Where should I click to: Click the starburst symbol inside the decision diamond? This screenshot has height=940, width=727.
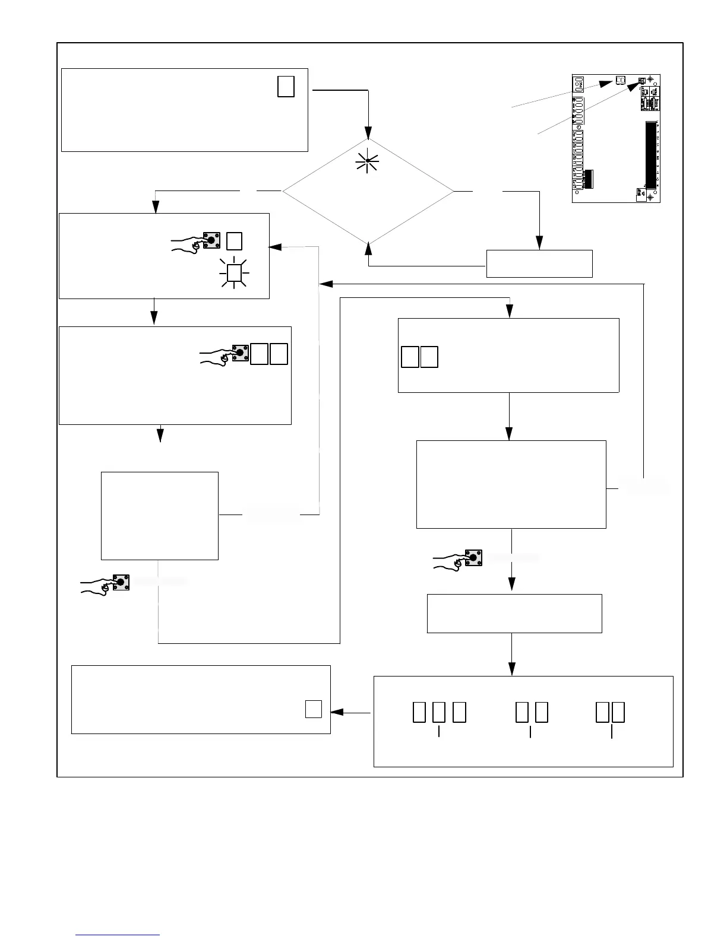pyautogui.click(x=368, y=161)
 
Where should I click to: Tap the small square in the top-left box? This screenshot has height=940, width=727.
pyautogui.click(x=286, y=87)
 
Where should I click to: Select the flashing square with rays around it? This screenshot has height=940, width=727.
pyautogui.click(x=235, y=272)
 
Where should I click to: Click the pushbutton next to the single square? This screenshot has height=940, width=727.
pyautogui.click(x=211, y=240)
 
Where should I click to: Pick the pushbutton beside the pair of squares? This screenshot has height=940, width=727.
pyautogui.click(x=240, y=353)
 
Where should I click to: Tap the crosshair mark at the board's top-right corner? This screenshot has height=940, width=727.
pyautogui.click(x=650, y=80)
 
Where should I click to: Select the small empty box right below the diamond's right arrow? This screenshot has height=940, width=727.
pyautogui.click(x=539, y=263)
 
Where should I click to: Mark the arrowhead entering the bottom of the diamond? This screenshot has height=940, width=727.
pyautogui.click(x=369, y=247)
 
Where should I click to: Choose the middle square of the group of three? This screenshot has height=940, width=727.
pyautogui.click(x=439, y=712)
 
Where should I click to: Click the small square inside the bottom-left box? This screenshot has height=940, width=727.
pyautogui.click(x=314, y=709)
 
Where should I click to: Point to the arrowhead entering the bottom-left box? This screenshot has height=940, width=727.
pyautogui.click(x=336, y=712)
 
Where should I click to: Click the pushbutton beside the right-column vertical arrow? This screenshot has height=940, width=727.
pyautogui.click(x=473, y=558)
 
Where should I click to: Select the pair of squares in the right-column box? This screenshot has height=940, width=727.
pyautogui.click(x=419, y=357)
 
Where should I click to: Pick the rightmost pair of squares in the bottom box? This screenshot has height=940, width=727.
pyautogui.click(x=611, y=712)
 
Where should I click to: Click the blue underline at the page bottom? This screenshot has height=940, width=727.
pyautogui.click(x=118, y=935)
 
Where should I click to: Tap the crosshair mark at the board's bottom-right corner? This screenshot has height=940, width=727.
pyautogui.click(x=650, y=197)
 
